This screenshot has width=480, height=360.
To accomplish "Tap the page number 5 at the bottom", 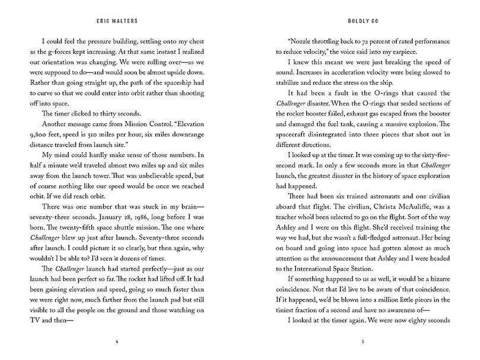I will click(360, 342).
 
